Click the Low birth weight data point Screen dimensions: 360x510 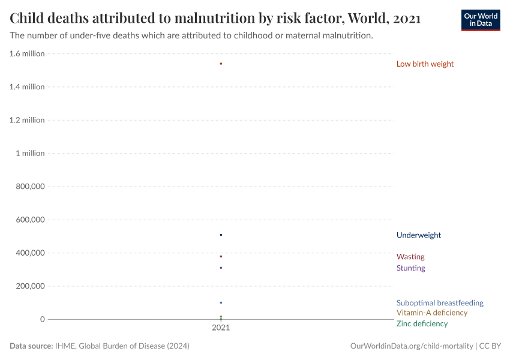tap(221, 64)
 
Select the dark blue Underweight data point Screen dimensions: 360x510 tap(221, 235)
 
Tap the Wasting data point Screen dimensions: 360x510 tap(221, 256)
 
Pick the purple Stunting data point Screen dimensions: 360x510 tap(221, 268)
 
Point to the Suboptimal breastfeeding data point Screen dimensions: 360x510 tap(221, 302)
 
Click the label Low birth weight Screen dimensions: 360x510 tap(425, 64)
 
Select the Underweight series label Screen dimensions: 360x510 tap(418, 235)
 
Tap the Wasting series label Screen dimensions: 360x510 tap(410, 257)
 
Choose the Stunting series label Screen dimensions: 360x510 tap(410, 268)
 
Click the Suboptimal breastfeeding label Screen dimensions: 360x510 tap(439, 303)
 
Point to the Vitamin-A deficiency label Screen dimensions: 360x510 tap(431, 313)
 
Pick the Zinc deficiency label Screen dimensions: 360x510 tap(422, 324)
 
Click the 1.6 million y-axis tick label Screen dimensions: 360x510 tap(27, 53)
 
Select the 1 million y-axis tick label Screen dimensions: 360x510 tap(31, 153)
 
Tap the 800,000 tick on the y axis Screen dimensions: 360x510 tap(29, 187)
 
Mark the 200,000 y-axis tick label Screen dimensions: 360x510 tap(29, 286)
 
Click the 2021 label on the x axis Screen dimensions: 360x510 tap(221, 328)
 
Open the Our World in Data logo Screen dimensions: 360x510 tap(480, 19)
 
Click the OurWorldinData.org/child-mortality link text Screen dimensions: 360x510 tap(412, 346)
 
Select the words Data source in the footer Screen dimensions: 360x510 tap(31, 346)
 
